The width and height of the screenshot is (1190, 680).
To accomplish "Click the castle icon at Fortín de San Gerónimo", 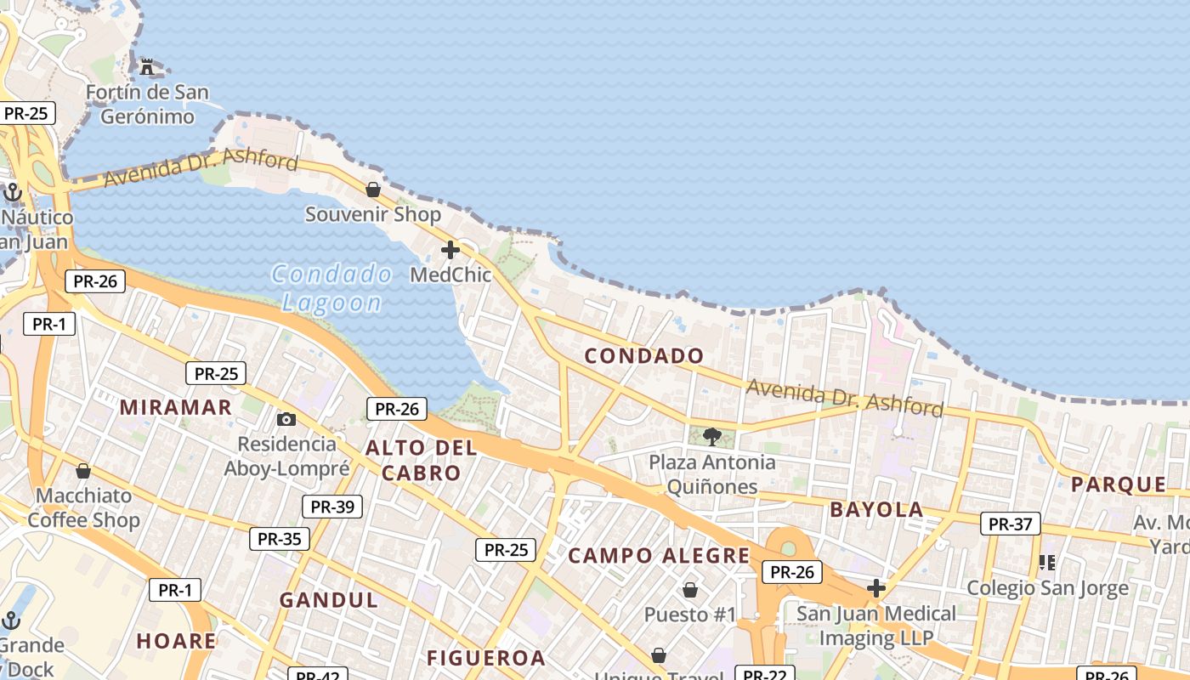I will [147, 66].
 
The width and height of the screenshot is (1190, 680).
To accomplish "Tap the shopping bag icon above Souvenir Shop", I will [372, 190].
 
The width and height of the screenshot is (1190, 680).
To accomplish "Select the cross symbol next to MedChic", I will [450, 250].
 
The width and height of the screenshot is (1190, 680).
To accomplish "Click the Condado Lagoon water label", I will [331, 287].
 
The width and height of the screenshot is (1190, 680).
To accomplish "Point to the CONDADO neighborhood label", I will [644, 356].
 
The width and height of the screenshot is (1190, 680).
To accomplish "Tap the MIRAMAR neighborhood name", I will [176, 407].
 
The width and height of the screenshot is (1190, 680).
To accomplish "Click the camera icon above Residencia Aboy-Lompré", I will [286, 419].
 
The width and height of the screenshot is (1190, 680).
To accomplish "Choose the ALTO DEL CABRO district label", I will [421, 460].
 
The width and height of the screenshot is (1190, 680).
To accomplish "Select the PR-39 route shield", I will [332, 507].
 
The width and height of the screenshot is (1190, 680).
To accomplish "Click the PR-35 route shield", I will [280, 538].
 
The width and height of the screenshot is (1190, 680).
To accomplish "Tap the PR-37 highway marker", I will [1011, 524].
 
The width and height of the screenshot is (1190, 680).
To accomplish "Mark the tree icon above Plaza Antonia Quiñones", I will [712, 437].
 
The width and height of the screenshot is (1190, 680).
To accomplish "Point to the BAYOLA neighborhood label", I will [876, 510].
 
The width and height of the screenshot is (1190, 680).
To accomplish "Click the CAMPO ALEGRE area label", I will [659, 556].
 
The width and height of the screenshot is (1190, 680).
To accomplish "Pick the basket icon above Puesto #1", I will [690, 589].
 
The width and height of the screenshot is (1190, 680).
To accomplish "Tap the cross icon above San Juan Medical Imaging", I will [876, 588].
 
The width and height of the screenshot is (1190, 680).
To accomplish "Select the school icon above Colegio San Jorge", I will [1047, 563].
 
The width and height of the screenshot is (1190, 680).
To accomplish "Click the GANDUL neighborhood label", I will [329, 600].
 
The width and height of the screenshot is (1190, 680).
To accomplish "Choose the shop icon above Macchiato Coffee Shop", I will [83, 471].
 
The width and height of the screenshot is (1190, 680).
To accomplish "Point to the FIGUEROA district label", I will [485, 658].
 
